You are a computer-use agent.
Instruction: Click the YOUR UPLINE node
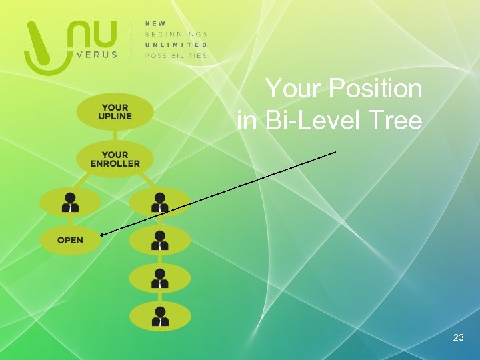coord(115,111)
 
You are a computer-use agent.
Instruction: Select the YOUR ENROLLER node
coord(115,159)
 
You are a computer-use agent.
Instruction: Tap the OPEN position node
coord(70,240)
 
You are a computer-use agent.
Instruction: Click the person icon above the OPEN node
coord(70,202)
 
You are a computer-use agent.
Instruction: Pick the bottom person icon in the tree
coord(160,316)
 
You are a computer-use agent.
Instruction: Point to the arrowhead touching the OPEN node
coord(103,234)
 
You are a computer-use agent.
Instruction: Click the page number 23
coord(458,338)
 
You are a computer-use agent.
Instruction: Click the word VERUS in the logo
coord(95,55)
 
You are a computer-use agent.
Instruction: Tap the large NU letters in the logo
coord(94,34)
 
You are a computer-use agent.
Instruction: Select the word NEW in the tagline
coord(156,23)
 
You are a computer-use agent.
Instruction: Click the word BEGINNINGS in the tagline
coord(176,34)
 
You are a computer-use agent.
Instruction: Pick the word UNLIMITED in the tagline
coord(176,45)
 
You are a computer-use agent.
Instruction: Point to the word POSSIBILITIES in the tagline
coord(176,55)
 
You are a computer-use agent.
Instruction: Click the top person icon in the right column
coord(160,202)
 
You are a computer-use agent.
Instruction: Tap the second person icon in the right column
coord(160,240)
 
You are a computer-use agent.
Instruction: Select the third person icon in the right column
coord(160,278)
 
